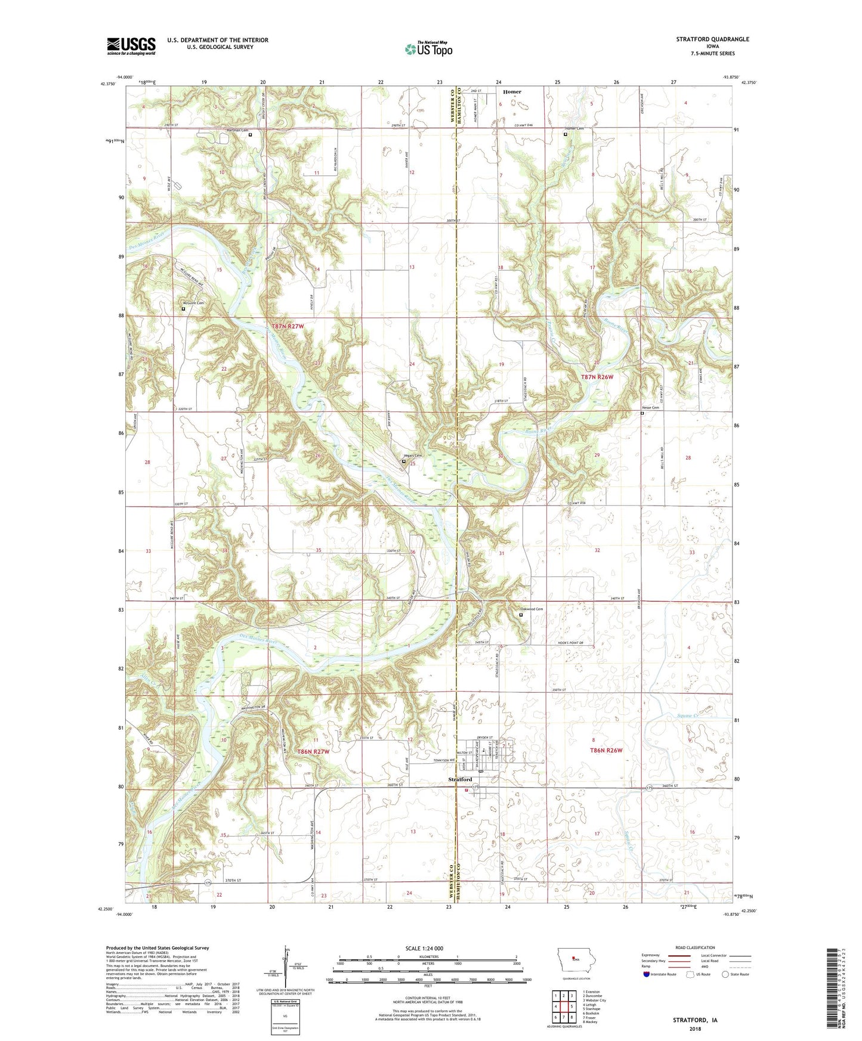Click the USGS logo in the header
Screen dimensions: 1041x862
(131, 46)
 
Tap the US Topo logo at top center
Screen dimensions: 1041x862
(428, 49)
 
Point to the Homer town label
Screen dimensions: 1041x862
(511, 92)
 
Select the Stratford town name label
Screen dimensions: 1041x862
(460, 779)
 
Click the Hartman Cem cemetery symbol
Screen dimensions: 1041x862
(250, 135)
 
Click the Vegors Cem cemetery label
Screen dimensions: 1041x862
(413, 456)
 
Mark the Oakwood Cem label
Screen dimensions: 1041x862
(532, 609)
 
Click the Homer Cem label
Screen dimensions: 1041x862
(574, 129)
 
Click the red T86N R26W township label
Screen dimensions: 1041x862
(606, 750)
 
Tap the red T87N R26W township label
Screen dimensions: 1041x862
(597, 377)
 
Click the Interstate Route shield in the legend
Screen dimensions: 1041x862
(647, 974)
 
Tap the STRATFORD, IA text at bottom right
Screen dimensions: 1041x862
(695, 1020)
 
